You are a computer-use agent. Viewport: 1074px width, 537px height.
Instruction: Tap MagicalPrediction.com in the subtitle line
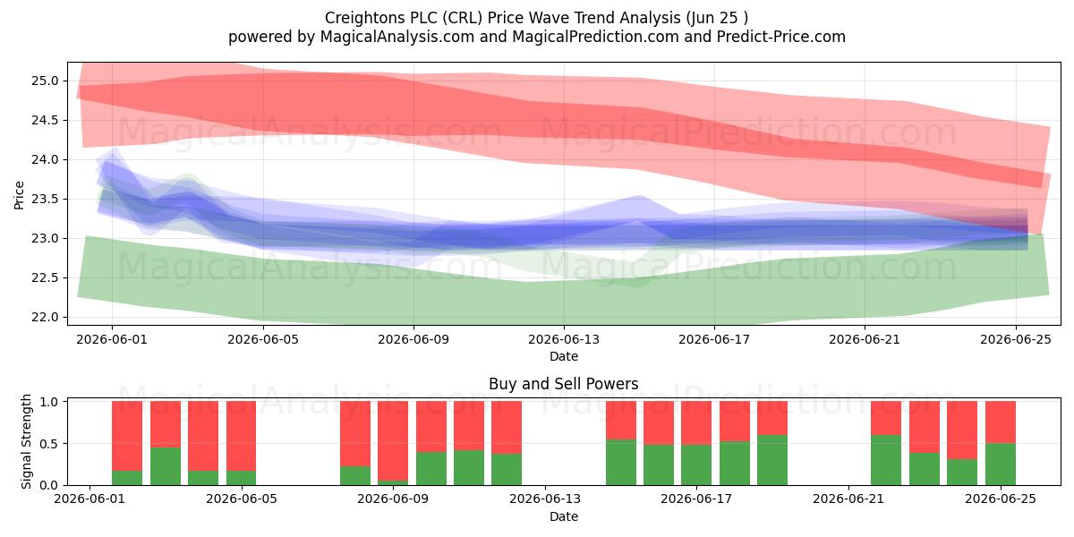point(595,37)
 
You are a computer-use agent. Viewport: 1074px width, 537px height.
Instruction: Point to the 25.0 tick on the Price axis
point(45,81)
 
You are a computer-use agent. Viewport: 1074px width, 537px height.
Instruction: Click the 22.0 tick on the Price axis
point(45,318)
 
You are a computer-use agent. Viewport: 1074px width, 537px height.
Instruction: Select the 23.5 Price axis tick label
point(45,199)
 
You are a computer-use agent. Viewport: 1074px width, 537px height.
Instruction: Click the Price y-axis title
point(19,195)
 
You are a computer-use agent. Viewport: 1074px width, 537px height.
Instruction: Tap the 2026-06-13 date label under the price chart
point(564,339)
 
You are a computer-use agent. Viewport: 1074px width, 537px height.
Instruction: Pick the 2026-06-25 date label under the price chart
point(1016,339)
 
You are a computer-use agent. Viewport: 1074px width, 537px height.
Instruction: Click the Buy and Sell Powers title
point(563,384)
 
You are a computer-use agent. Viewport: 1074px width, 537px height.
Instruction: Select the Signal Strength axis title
point(26,441)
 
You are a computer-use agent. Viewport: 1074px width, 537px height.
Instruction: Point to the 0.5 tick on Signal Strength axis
point(49,444)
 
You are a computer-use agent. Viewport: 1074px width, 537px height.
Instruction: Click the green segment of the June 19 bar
point(772,460)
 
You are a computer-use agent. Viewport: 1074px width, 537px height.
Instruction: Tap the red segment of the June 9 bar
point(393,441)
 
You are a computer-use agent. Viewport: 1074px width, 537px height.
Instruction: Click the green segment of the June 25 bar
point(1001,465)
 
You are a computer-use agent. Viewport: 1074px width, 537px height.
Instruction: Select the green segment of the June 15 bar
point(621,462)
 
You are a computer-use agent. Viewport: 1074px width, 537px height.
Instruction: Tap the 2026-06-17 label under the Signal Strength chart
point(696,499)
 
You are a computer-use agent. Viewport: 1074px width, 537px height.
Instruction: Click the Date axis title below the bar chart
point(564,516)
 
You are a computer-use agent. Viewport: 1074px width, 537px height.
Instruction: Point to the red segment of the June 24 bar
point(962,430)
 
